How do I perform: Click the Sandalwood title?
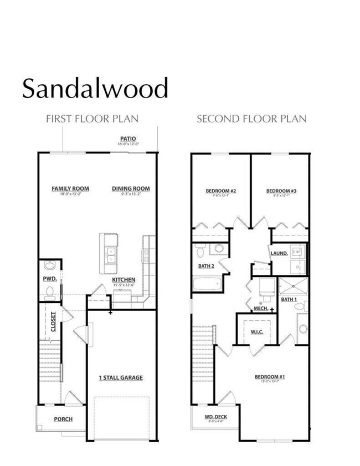[x=95, y=89]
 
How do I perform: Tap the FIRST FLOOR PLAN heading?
[x=92, y=119]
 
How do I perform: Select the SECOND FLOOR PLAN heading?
[x=251, y=119]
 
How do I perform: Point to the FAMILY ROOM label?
[x=70, y=188]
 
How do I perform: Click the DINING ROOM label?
[x=131, y=188]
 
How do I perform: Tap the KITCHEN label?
[x=124, y=280]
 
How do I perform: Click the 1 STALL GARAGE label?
[x=121, y=377]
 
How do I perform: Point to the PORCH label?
[x=63, y=419]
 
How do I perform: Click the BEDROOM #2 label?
[x=221, y=191]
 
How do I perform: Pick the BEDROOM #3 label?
[x=281, y=191]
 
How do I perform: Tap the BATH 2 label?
[x=207, y=266]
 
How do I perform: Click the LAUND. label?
[x=279, y=253]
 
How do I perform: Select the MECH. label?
[x=260, y=308]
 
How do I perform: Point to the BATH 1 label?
[x=289, y=299]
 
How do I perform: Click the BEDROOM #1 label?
[x=270, y=377]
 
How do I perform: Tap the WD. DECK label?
[x=215, y=417]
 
